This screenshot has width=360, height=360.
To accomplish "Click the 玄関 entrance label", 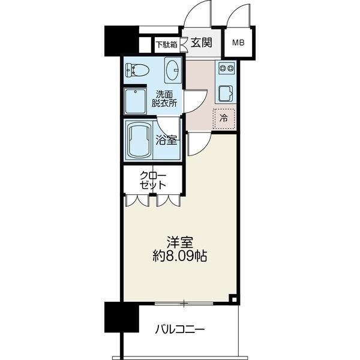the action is point(201,43).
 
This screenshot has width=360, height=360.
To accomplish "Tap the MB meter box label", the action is point(238,43).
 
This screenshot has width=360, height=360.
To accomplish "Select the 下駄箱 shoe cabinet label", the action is point(167,44).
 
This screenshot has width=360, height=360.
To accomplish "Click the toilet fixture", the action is point(137,70).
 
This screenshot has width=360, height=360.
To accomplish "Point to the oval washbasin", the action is point(172,70).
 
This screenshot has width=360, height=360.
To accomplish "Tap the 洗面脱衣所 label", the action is point(164,99).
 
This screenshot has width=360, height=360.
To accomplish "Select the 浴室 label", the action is point(166,140).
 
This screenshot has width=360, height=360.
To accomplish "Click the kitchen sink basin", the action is point(226,94).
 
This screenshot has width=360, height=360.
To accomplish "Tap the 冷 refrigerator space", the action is point(224,119).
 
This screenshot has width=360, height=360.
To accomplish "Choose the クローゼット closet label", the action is point(153,180).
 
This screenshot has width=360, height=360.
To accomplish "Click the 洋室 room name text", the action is point(180,242).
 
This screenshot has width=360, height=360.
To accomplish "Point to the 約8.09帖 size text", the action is point(180,256).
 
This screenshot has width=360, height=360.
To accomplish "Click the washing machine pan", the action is point(135,101).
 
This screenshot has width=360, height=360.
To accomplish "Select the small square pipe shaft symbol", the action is point(233,299).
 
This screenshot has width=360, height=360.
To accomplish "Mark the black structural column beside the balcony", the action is point(122,317).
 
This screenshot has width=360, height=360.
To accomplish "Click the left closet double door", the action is point(137,200).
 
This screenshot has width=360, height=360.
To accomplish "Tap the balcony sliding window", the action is point(184,304).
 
